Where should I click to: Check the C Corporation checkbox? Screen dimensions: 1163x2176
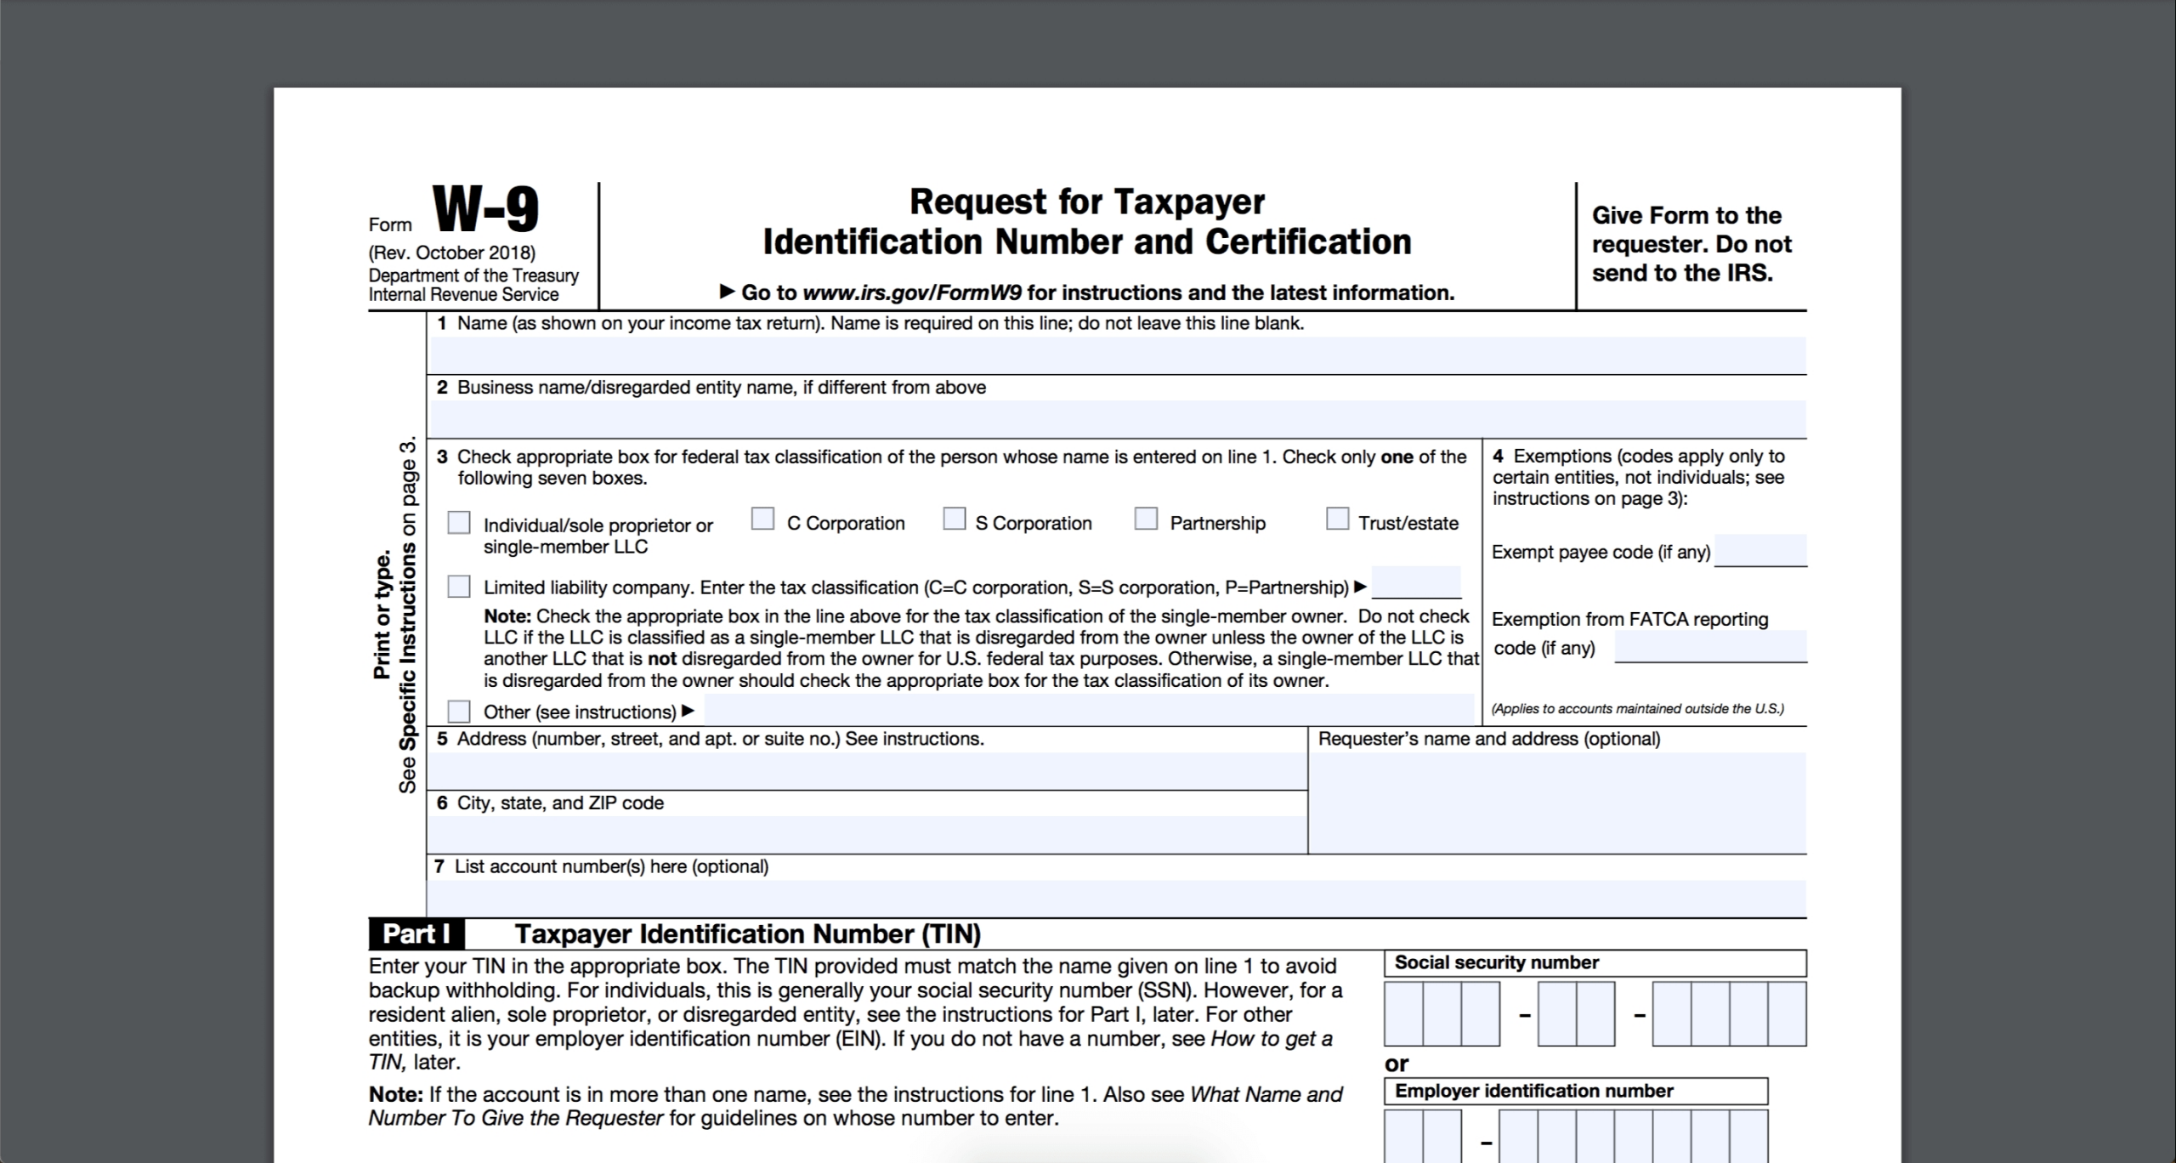pos(762,519)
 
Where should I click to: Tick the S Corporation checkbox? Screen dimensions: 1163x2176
pos(954,519)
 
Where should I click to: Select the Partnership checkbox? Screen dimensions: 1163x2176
pos(1146,519)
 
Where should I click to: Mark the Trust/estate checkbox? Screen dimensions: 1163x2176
pos(1337,519)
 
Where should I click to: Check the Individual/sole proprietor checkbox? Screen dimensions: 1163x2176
pos(459,522)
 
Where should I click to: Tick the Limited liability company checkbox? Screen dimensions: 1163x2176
pos(459,586)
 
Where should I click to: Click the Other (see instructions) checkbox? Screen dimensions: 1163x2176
pos(459,711)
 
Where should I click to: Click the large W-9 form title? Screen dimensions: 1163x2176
pos(485,210)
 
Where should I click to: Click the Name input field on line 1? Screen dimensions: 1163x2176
pos(1117,355)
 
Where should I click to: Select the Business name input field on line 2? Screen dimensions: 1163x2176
pos(1117,419)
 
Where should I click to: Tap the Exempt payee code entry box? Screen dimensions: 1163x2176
pos(1760,550)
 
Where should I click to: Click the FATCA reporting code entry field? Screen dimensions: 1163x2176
pos(1710,646)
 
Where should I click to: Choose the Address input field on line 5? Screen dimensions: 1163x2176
pos(867,771)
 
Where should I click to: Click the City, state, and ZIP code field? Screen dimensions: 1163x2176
pos(867,834)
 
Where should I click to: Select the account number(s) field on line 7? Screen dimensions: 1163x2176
pos(1117,898)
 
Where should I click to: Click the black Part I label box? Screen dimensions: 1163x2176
pos(416,934)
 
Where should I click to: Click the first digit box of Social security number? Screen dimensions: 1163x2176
pos(1403,1013)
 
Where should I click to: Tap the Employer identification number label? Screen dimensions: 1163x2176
pos(1533,1091)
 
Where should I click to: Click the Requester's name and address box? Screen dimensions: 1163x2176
pos(1557,803)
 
